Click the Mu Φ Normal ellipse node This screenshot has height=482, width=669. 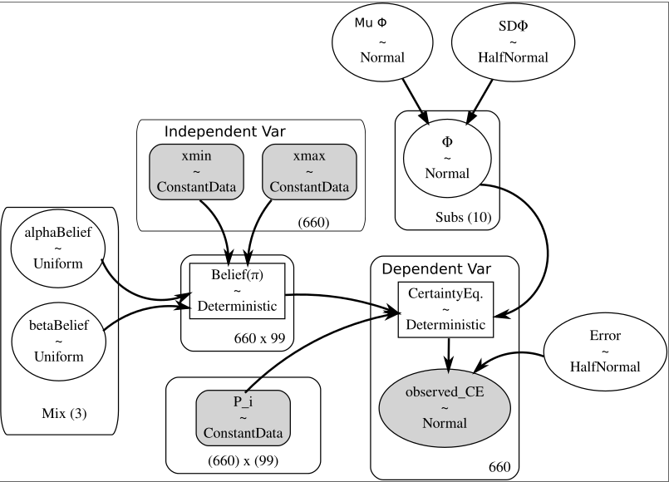coord(381,42)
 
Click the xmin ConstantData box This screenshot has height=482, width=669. coord(197,171)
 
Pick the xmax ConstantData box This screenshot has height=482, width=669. coord(309,171)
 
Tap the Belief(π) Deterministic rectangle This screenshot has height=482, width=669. coord(238,289)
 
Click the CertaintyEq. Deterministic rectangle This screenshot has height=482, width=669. coord(446,309)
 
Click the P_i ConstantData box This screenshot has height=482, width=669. coord(243,418)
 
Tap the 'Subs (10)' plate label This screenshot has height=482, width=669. coord(463,218)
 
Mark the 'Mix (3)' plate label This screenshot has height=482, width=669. coord(59,413)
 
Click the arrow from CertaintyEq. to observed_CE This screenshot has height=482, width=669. coord(449,353)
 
